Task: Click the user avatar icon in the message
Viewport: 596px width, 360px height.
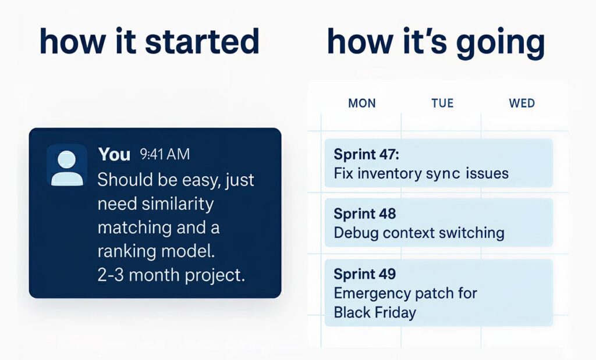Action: click(67, 165)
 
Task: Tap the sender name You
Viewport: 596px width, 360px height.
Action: click(114, 154)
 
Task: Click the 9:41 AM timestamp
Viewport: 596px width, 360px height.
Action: click(165, 154)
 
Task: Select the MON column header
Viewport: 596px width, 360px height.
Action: click(362, 104)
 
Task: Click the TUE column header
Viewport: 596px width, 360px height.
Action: click(442, 104)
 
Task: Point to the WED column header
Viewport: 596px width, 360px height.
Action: click(522, 104)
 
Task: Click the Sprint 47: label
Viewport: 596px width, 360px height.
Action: click(367, 155)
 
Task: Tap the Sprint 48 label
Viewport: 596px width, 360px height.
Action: click(365, 214)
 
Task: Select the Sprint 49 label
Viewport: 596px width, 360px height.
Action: click(365, 274)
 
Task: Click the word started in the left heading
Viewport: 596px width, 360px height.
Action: click(202, 41)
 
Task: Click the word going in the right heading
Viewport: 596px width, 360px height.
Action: click(500, 43)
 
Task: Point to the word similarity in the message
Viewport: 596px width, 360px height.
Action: click(178, 204)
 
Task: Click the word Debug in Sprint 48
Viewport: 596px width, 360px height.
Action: click(356, 233)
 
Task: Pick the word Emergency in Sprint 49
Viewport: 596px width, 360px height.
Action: click(372, 294)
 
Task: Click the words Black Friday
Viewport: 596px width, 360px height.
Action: click(375, 312)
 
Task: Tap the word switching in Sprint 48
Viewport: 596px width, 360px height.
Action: click(471, 233)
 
